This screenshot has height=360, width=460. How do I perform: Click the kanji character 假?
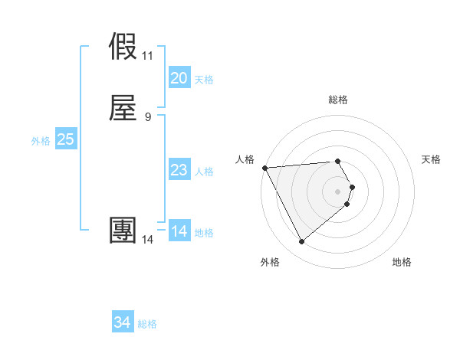click(x=124, y=48)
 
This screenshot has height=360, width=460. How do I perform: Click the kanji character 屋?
click(x=124, y=108)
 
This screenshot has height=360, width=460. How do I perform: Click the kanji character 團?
click(x=124, y=231)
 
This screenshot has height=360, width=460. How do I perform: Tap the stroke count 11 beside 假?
click(x=147, y=56)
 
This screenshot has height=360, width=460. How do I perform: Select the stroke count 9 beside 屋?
click(x=147, y=116)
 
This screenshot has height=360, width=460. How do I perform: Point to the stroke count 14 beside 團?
click(x=147, y=240)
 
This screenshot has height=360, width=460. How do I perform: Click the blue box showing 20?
click(x=179, y=78)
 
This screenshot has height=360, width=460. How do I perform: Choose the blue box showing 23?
click(x=179, y=170)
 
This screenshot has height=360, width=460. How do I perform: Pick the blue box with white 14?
click(x=179, y=231)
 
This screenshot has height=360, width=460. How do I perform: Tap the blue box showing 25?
click(x=65, y=139)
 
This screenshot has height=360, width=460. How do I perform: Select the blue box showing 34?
click(x=123, y=323)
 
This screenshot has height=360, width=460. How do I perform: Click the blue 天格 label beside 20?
click(x=204, y=80)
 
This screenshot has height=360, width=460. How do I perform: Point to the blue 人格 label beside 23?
click(x=204, y=172)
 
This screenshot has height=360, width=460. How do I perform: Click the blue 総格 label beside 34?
click(x=147, y=325)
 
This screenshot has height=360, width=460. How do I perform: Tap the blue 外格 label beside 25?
click(x=41, y=141)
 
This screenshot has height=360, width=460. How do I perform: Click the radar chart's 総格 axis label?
click(x=337, y=100)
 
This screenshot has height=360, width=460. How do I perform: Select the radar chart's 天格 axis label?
click(x=432, y=159)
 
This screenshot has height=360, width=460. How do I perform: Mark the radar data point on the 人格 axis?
click(x=264, y=167)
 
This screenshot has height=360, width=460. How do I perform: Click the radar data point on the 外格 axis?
click(x=301, y=242)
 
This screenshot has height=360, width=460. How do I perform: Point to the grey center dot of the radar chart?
click(x=337, y=191)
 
